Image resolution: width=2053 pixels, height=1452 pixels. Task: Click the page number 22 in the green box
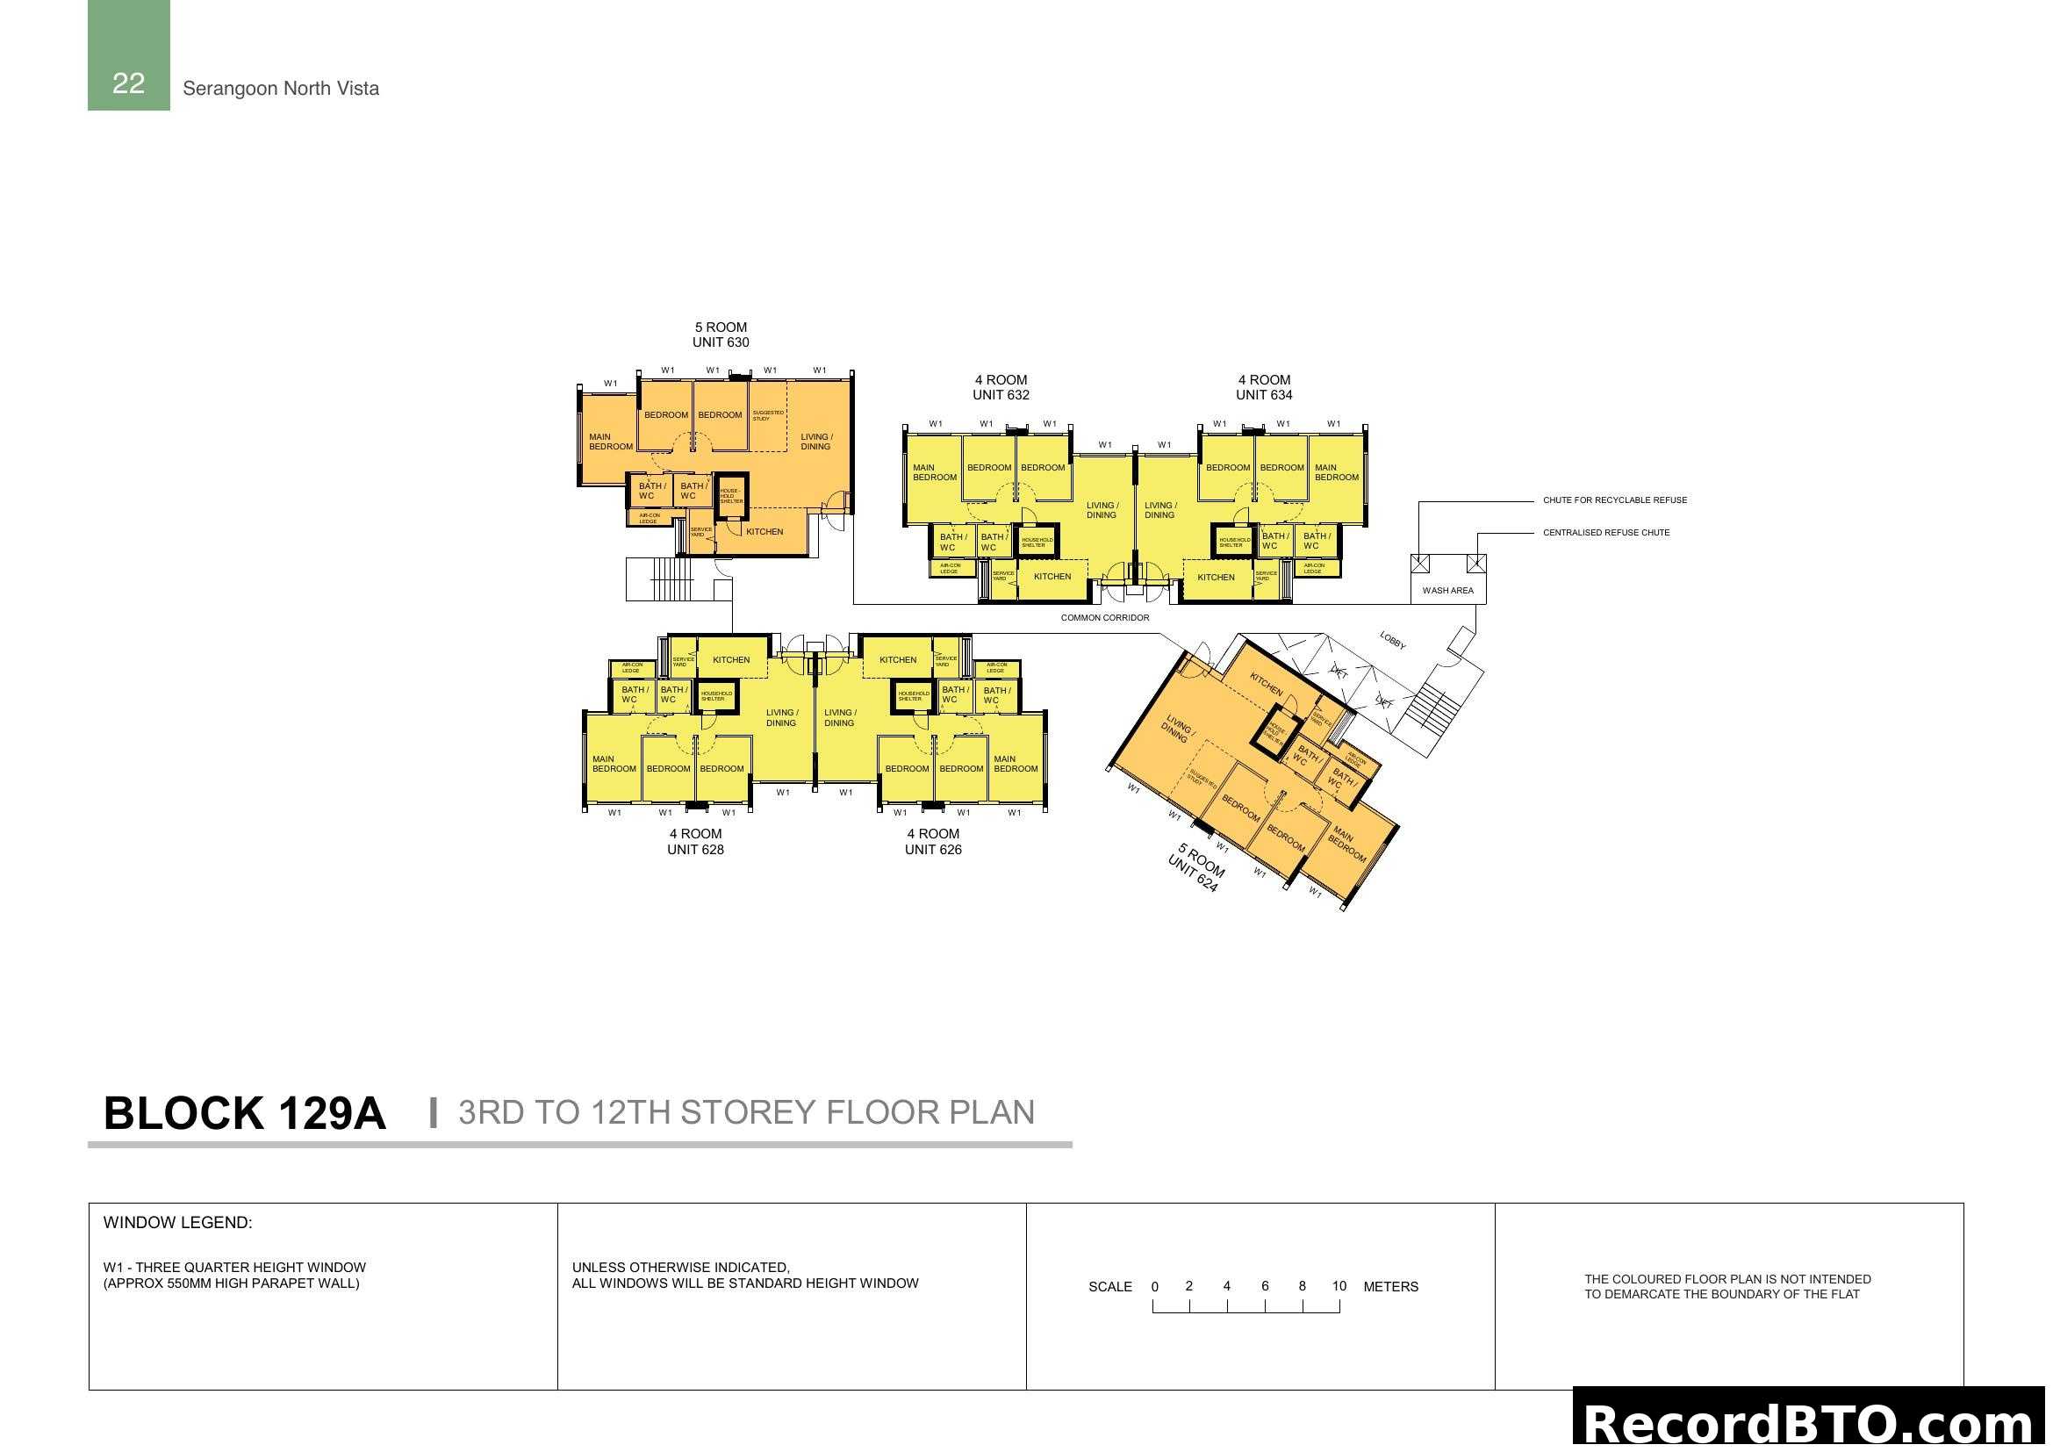coord(128,83)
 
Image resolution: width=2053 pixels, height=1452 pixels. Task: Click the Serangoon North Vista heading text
coord(281,89)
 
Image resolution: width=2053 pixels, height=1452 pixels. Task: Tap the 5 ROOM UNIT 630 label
coord(721,334)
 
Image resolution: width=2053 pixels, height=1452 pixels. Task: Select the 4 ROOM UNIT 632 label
coord(1001,387)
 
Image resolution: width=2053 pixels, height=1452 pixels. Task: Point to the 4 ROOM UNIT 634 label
coord(1263,387)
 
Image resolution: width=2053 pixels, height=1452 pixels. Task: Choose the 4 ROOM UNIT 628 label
coord(695,841)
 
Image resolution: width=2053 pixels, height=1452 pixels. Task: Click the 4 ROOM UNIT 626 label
coord(933,841)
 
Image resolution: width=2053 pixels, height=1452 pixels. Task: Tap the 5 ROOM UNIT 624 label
coord(1196,867)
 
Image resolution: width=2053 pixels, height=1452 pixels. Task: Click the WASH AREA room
coord(1447,590)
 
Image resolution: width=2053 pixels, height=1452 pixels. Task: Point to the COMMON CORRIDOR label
coord(1105,618)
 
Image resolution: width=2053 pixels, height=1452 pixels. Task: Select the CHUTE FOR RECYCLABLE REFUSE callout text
coord(1615,500)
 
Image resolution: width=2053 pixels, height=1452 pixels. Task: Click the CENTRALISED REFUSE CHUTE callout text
coord(1606,532)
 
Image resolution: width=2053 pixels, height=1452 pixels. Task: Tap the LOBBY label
coord(1392,639)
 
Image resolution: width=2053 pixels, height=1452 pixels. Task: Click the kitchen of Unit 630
coord(764,532)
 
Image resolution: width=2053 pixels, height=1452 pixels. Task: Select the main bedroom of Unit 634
coord(1336,472)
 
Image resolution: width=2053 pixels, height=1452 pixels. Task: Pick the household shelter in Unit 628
coord(716,694)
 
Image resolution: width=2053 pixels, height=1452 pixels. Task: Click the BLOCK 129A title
coord(244,1113)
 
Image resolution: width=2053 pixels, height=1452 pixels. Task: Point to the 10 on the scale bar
coord(1339,1286)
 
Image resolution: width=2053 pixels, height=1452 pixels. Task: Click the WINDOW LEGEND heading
coord(178,1222)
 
